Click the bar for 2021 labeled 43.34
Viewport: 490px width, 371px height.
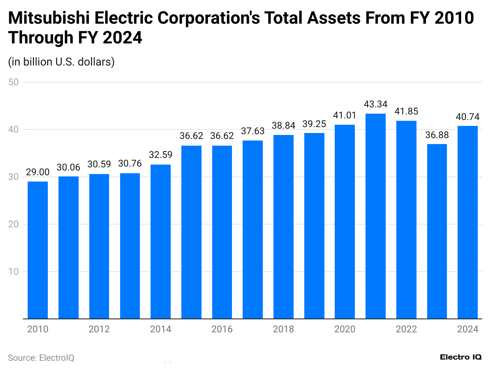click(x=375, y=216)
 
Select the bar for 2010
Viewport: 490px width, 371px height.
click(x=38, y=250)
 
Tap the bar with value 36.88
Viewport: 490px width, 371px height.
click(x=437, y=231)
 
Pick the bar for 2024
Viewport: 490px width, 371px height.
click(x=467, y=222)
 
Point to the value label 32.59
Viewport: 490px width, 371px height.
click(x=160, y=155)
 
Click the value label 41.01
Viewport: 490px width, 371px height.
click(x=345, y=116)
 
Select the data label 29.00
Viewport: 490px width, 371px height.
click(x=38, y=172)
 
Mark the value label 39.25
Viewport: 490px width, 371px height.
click(x=314, y=124)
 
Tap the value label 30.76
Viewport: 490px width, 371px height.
click(x=130, y=164)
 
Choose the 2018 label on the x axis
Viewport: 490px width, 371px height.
click(x=283, y=329)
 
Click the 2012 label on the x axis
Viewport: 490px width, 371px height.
click(x=99, y=329)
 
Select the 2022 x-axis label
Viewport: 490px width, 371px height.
click(x=406, y=329)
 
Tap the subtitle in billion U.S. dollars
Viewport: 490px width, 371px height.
click(x=61, y=62)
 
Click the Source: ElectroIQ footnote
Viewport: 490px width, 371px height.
click(x=41, y=358)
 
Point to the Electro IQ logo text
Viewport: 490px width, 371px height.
click(x=461, y=357)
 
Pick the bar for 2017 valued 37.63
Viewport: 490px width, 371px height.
click(x=253, y=230)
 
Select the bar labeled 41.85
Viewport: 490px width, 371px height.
click(x=406, y=219)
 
